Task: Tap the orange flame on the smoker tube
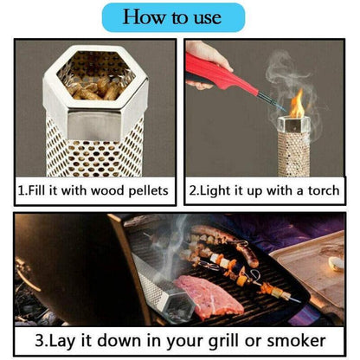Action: pos(297,106)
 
